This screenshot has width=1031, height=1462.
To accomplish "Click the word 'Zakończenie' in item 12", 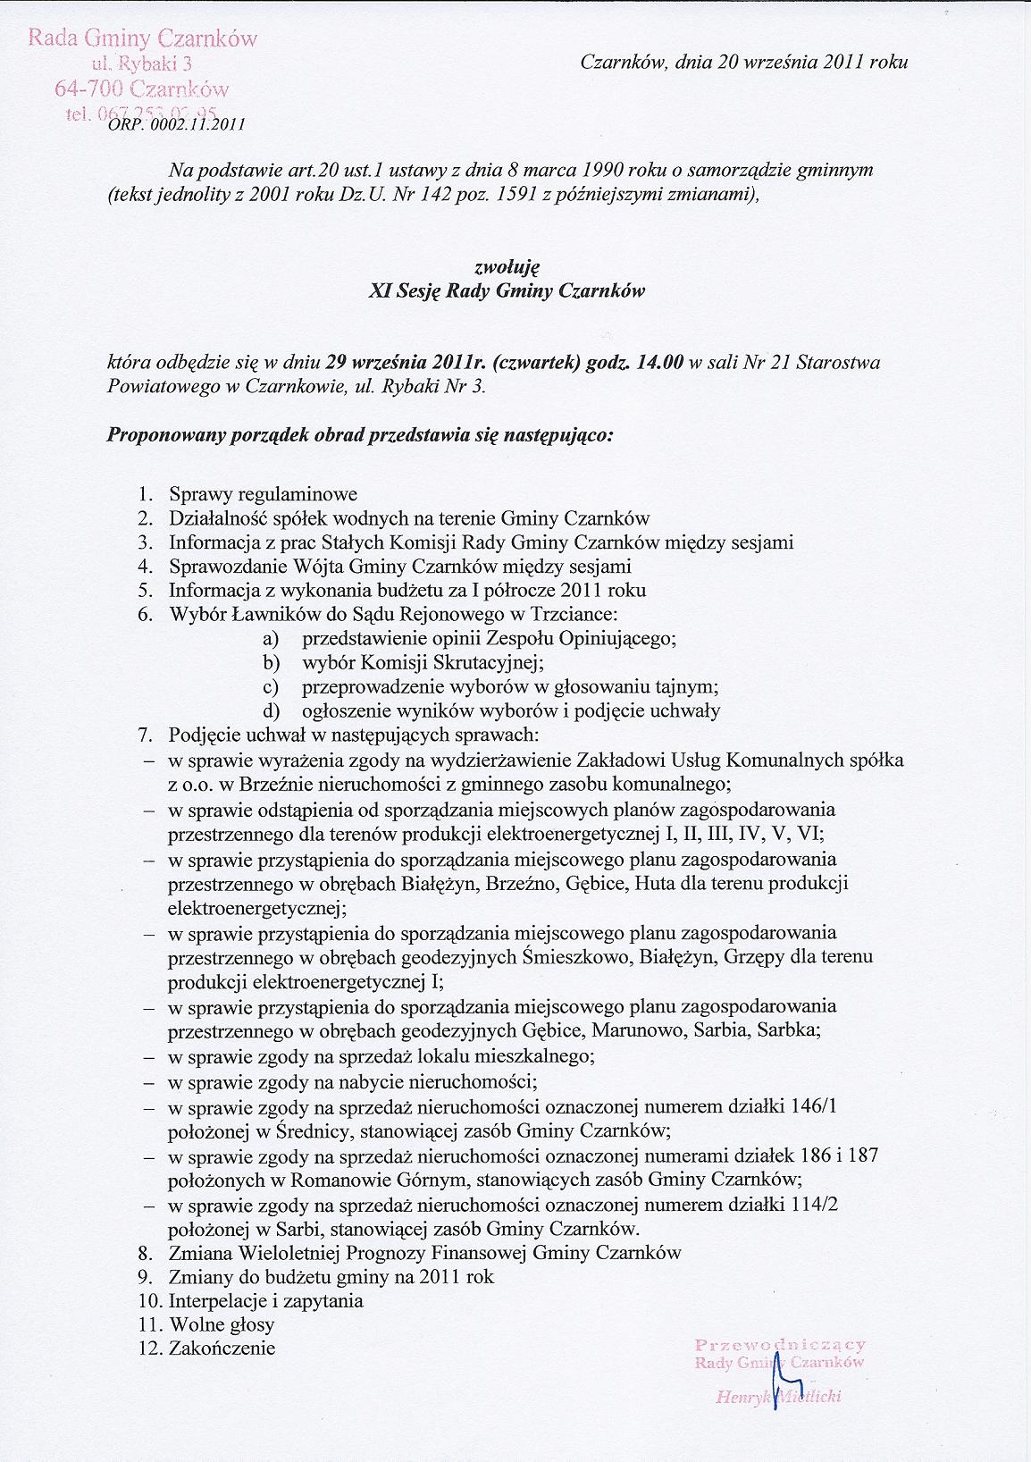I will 222,1349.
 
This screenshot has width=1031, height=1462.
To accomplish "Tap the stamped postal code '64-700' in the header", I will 88,88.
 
